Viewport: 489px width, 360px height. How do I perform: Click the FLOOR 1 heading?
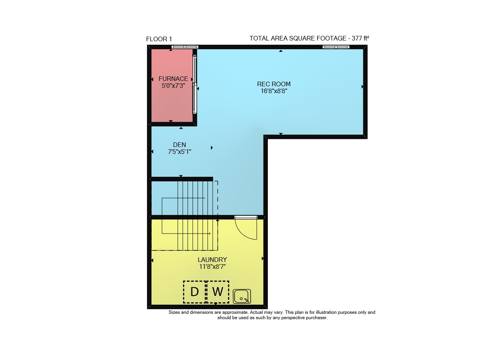(159, 39)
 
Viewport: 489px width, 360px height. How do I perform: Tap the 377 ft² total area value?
(360, 39)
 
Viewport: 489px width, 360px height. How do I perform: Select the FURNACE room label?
(173, 79)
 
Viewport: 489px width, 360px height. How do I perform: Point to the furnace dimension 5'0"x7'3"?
(173, 86)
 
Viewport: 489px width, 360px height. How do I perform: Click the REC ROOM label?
(274, 84)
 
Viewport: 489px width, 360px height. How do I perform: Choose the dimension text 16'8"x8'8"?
(274, 91)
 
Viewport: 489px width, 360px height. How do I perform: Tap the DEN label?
(180, 145)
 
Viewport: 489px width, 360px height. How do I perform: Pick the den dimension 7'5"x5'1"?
(180, 152)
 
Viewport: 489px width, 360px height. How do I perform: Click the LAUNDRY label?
(212, 260)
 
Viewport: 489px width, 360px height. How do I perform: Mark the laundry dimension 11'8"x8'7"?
(212, 266)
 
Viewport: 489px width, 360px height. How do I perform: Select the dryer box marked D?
(194, 292)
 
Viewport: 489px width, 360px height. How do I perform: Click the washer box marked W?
(218, 292)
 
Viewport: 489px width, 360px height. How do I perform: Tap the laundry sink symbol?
(242, 297)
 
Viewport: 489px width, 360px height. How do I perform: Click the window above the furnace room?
(185, 47)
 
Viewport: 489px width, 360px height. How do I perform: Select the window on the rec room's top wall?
(336, 47)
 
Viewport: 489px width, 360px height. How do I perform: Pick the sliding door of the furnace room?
(194, 84)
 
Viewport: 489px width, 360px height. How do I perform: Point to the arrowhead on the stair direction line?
(209, 234)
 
